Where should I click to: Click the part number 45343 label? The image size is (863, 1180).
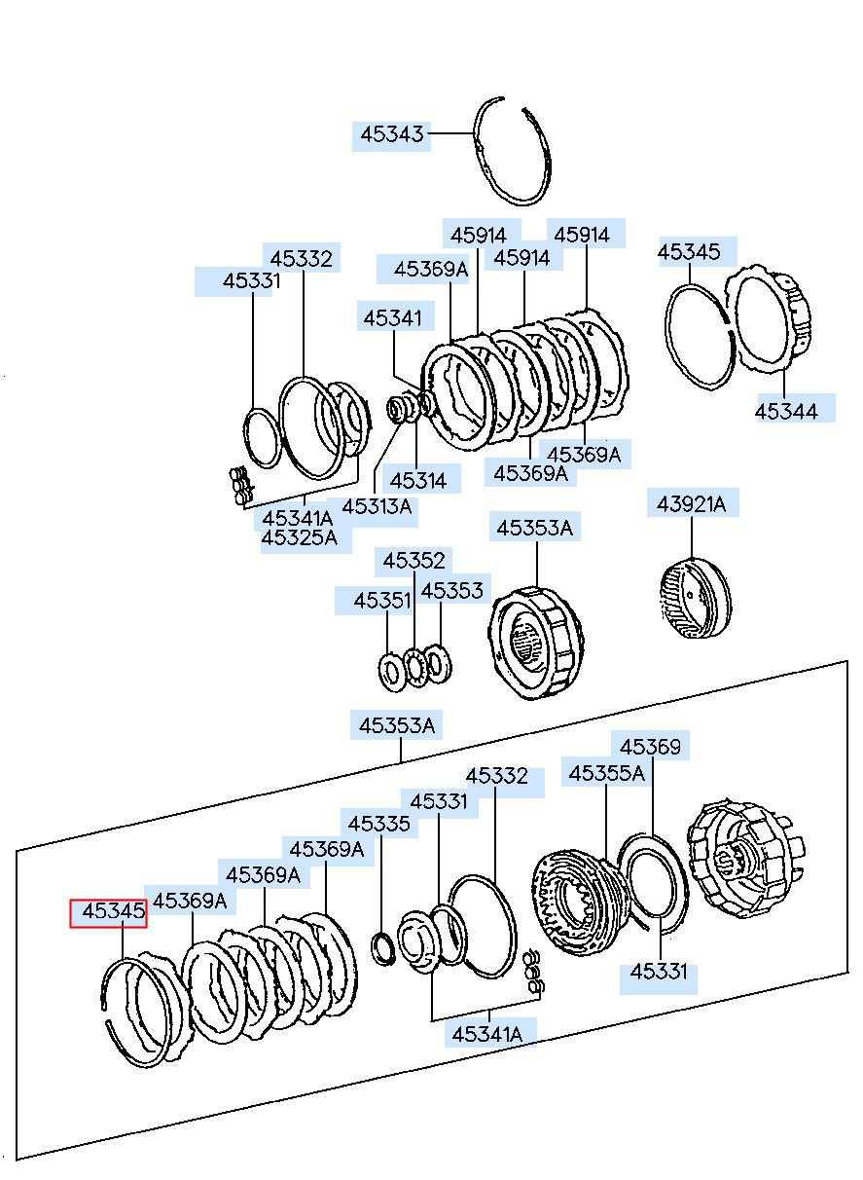pos(392,134)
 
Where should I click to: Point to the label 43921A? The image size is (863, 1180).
pos(691,504)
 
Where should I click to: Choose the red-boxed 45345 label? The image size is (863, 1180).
pos(108,913)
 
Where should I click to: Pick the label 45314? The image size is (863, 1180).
pos(417,480)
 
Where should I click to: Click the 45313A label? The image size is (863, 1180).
pos(377,506)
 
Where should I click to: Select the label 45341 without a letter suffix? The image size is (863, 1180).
pos(392,317)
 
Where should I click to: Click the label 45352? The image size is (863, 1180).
pos(414,561)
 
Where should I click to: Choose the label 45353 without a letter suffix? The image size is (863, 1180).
pos(451,591)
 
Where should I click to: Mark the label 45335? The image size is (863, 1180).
pos(378,825)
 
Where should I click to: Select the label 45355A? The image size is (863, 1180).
pos(606,773)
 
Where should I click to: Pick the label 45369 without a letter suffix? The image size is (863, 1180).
pos(651,747)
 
